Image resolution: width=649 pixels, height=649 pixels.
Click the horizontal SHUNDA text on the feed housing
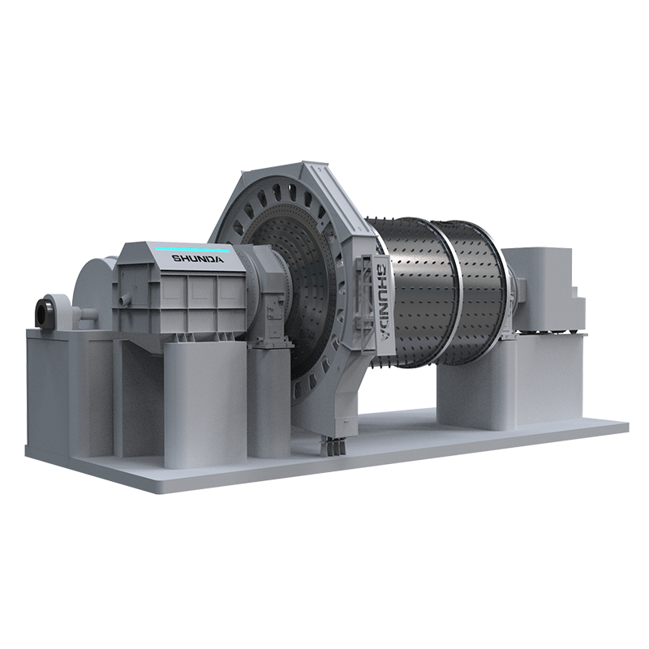tap(198, 259)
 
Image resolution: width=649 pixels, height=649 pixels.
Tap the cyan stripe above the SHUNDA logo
tap(192, 249)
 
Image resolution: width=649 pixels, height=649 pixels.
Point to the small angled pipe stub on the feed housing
tap(123, 299)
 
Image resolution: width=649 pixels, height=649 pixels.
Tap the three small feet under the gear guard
tap(334, 448)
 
